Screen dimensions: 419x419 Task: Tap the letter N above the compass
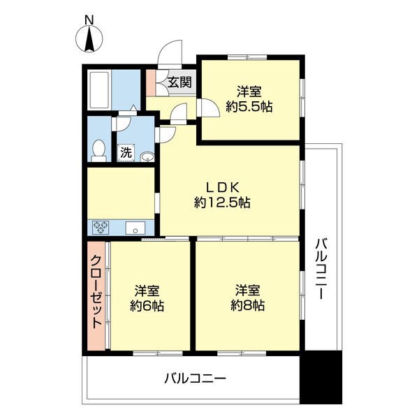[x=89, y=20]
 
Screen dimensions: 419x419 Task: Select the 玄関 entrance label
[x=180, y=82]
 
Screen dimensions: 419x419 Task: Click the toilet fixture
[x=99, y=151]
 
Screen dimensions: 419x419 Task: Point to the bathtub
[x=99, y=90]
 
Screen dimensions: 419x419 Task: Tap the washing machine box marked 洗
[x=126, y=153]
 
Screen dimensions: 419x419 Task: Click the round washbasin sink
[x=147, y=157]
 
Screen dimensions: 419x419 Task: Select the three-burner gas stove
[x=101, y=228]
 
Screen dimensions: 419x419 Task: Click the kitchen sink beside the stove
[x=135, y=228]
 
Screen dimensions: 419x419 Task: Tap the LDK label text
[x=222, y=188]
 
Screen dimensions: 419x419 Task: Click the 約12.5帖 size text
[x=222, y=203]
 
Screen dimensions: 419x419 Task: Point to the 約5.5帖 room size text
[x=249, y=107]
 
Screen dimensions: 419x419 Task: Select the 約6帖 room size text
[x=147, y=306]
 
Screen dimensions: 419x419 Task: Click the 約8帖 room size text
[x=248, y=305]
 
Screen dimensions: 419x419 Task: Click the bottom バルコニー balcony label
[x=196, y=378]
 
